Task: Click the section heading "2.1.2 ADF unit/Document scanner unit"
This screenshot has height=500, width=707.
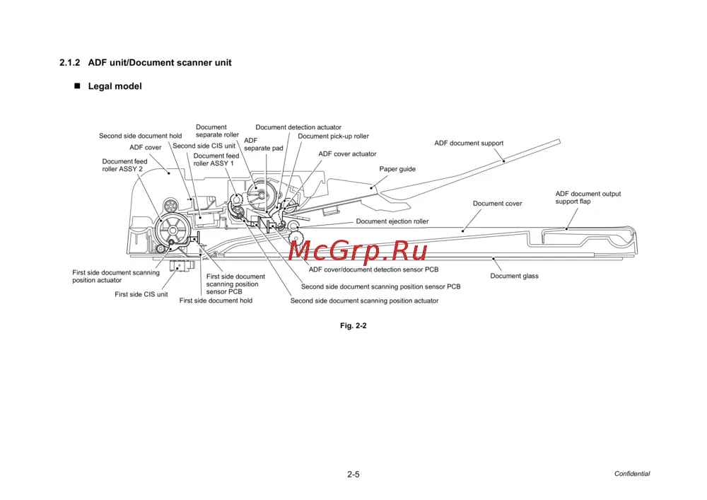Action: (x=146, y=62)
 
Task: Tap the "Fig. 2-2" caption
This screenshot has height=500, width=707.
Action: (x=353, y=326)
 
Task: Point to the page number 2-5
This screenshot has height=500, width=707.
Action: (x=353, y=475)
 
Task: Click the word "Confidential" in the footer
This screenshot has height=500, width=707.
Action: (x=631, y=474)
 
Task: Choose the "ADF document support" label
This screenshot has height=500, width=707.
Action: (x=469, y=143)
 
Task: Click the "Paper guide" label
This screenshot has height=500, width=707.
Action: (x=397, y=169)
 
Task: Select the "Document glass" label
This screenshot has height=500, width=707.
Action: (x=514, y=276)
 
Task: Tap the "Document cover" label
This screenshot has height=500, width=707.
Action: (x=497, y=204)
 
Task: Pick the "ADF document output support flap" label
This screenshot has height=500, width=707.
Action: (x=588, y=197)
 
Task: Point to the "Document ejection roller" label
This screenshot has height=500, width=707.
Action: (x=392, y=221)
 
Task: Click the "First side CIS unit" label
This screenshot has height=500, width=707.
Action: (x=141, y=294)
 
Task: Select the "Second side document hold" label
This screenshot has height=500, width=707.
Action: (x=140, y=136)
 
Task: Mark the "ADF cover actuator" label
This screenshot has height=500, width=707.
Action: (x=347, y=153)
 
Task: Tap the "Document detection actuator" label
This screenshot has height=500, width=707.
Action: (x=298, y=127)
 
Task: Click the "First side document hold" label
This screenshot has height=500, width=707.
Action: (x=216, y=301)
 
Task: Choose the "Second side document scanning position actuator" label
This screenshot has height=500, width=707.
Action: (x=364, y=301)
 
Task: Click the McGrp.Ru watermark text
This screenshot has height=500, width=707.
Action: (x=358, y=250)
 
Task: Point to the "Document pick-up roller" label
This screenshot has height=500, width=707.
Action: (x=333, y=136)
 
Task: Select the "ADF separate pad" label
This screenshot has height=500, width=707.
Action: (x=263, y=144)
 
